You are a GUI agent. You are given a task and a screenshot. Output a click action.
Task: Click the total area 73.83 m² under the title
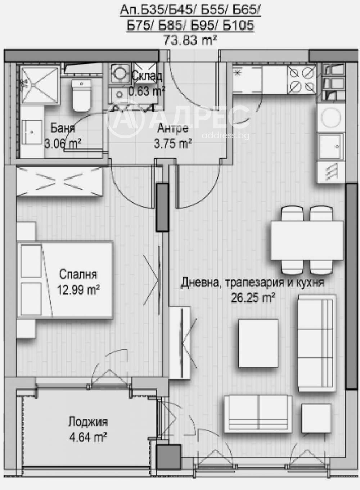pyautogui.click(x=190, y=39)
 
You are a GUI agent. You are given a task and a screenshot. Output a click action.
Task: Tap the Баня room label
pyautogui.click(x=62, y=128)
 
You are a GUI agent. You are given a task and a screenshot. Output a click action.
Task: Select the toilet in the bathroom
pyautogui.click(x=82, y=94)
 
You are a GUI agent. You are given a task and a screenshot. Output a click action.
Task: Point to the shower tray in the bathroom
pyautogui.click(x=39, y=84)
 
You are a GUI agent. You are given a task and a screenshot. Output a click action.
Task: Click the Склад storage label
pyautogui.click(x=147, y=76)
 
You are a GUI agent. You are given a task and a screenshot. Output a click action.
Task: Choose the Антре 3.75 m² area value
pyautogui.click(x=173, y=144)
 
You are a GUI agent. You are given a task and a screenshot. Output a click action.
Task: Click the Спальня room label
pyautogui.click(x=78, y=274)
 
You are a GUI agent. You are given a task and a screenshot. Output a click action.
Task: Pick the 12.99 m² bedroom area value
pyautogui.click(x=78, y=289)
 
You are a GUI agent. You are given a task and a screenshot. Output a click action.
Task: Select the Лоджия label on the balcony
pyautogui.click(x=88, y=422)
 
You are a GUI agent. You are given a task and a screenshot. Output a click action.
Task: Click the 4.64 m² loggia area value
pyautogui.click(x=88, y=437)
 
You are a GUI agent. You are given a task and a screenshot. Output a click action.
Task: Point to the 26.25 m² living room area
pyautogui.click(x=253, y=298)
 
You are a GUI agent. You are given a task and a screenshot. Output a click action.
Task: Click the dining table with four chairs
pyautogui.click(x=307, y=240)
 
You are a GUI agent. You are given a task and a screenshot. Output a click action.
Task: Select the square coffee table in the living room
pyautogui.click(x=258, y=343)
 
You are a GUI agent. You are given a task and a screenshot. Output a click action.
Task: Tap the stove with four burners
pyautogui.click(x=302, y=80)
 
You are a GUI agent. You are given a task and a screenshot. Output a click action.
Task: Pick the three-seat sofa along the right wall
pyautogui.click(x=316, y=343)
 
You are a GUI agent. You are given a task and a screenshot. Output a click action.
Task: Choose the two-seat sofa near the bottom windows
pyautogui.click(x=258, y=413)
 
